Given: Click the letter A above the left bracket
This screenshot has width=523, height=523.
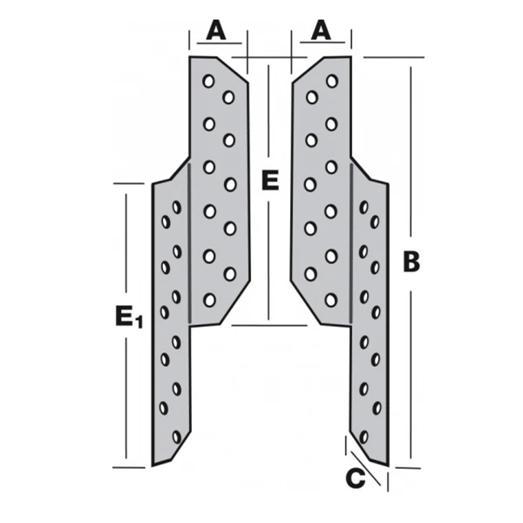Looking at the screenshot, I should [x=216, y=31].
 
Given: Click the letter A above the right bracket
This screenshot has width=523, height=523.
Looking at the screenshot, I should [x=322, y=31].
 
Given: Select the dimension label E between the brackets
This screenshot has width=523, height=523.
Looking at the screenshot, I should [x=269, y=181].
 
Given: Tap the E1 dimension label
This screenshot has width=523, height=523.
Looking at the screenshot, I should [x=128, y=317].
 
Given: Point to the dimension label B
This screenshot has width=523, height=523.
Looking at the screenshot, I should [x=411, y=261].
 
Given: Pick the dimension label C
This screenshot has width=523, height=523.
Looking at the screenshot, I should [x=355, y=478].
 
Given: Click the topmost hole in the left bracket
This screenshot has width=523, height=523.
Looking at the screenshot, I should [x=208, y=81].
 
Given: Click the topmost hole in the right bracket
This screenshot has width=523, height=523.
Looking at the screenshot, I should [x=332, y=81].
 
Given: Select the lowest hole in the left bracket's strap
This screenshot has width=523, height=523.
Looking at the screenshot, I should [x=177, y=435].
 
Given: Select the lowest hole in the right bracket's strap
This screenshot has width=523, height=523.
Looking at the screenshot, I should [x=363, y=435].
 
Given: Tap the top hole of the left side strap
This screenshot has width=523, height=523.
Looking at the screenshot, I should [x=177, y=207].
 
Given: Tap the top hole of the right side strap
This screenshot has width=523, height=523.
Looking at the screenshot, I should [x=363, y=207].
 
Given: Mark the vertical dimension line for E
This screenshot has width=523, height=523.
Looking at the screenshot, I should [x=269, y=261].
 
